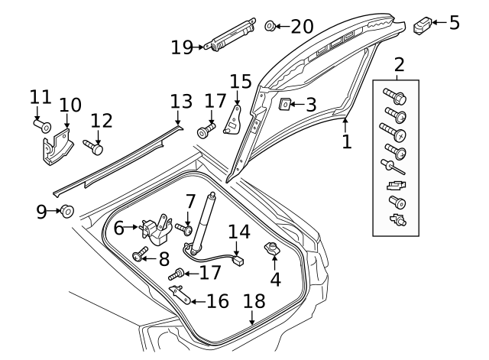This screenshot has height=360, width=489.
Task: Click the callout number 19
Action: click(x=183, y=47)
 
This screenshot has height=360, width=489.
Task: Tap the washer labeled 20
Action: click(x=270, y=27)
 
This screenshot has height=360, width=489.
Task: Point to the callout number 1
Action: click(x=346, y=141)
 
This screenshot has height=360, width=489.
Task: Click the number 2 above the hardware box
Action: click(x=398, y=65)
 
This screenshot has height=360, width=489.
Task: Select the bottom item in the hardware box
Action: click(x=397, y=221)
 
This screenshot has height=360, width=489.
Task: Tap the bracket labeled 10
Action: click(x=57, y=149)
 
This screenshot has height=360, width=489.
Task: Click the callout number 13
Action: click(x=181, y=102)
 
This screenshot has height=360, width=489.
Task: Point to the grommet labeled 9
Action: click(x=67, y=210)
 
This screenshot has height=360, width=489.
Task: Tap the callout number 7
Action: click(x=190, y=203)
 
